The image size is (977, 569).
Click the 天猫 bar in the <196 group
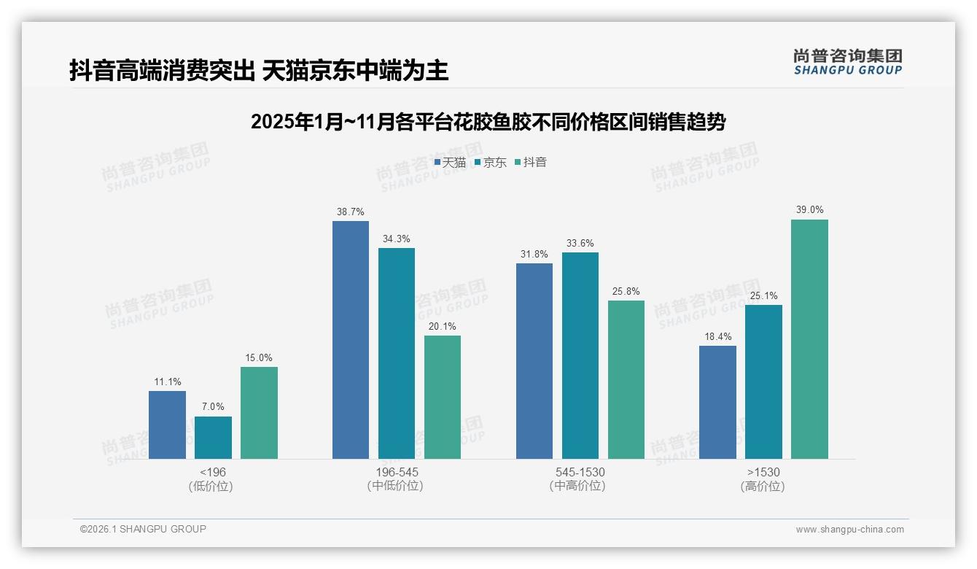(167, 425)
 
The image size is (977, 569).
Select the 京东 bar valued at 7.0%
(213, 438)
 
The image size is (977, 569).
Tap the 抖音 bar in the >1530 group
(809, 339)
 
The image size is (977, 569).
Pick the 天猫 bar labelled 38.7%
(351, 340)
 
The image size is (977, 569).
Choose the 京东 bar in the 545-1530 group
(580, 355)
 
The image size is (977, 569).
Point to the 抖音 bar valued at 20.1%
(443, 397)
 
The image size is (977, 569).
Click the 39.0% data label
(809, 210)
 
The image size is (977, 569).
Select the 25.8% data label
(626, 292)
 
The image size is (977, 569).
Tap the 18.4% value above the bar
(717, 337)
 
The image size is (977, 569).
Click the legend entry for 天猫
(450, 163)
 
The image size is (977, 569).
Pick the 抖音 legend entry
(531, 163)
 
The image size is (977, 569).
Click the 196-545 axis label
(397, 472)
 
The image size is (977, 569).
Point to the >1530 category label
(763, 472)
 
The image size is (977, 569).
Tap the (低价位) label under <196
(211, 487)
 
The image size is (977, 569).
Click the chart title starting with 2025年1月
(488, 122)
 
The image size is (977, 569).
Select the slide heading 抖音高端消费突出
(259, 71)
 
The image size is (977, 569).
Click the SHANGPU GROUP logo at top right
(847, 61)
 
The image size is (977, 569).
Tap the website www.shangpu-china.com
(849, 530)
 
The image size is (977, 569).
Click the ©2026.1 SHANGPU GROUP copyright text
(143, 529)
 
